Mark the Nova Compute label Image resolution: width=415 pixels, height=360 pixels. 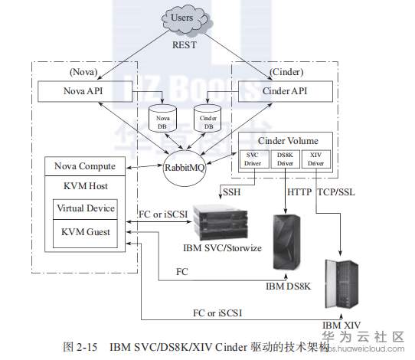[x=85, y=166]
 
